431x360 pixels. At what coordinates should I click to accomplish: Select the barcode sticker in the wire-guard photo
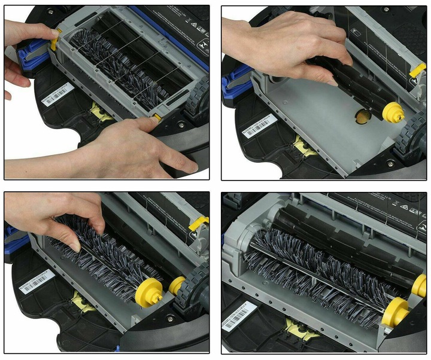57,94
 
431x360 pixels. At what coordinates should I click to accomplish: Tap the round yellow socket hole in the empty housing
362,117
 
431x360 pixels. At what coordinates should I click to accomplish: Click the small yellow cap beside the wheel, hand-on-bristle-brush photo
177,285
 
